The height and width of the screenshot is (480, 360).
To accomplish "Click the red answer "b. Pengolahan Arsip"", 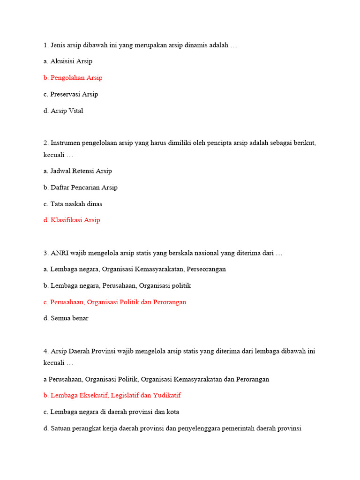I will (73, 78).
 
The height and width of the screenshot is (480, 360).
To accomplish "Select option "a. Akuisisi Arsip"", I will (68, 61).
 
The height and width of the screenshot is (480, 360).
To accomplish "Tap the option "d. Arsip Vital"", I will (63, 111).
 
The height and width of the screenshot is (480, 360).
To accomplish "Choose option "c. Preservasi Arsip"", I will (71, 94).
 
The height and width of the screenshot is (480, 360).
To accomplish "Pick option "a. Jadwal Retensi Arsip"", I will (78, 171).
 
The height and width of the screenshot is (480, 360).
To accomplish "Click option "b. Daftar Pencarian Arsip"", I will (81, 187).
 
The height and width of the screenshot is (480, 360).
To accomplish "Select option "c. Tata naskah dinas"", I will (73, 204).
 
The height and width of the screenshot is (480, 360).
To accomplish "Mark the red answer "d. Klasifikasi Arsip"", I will (72, 220).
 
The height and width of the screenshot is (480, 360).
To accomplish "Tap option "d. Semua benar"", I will (66, 318).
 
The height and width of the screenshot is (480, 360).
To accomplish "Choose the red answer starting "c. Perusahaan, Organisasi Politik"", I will (115, 302).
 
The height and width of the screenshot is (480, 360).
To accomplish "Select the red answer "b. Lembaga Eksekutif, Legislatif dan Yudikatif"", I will (112, 396).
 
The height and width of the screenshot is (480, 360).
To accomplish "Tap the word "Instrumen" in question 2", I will (65, 143).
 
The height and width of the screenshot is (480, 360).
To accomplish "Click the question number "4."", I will (46, 351).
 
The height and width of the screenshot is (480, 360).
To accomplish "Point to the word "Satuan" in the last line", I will (60, 428).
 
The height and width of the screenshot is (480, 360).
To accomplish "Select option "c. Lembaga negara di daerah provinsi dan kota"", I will (111, 412).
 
